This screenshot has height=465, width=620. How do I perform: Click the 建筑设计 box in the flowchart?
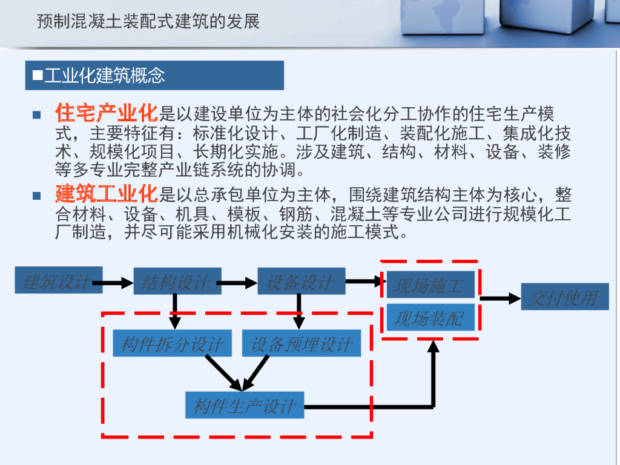tap(58, 281)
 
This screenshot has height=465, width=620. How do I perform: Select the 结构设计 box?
tap(177, 282)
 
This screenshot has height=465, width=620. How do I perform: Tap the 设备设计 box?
tap(301, 282)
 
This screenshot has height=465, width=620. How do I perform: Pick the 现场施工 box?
tap(429, 285)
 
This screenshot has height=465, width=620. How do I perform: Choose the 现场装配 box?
tap(429, 318)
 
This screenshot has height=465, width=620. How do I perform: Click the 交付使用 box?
tap(564, 297)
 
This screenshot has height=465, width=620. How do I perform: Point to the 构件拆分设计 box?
tap(173, 344)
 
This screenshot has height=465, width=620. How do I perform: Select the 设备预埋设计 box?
tap(302, 344)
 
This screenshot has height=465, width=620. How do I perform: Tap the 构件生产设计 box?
tap(245, 405)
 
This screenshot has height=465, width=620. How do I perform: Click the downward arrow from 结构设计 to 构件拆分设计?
tap(175, 311)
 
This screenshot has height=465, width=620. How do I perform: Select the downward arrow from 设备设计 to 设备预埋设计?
tap(298, 311)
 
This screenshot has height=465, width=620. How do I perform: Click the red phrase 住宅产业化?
tap(107, 113)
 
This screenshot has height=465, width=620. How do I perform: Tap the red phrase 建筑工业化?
tap(107, 194)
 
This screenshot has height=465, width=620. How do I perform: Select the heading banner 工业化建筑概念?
tap(154, 76)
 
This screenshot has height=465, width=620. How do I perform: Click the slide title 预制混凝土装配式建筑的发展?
tap(148, 22)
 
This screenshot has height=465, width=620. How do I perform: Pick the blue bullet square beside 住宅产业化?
tap(37, 114)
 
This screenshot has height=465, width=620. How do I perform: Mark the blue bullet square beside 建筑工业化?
tap(37, 196)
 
